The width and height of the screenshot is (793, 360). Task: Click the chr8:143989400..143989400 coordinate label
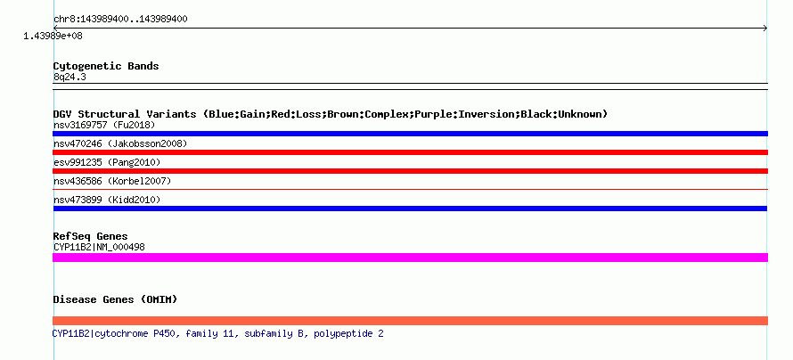[120, 20]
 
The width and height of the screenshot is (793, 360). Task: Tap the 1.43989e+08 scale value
[53, 36]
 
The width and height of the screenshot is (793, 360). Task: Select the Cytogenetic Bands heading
[106, 66]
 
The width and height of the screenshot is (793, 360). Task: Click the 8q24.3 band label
[69, 77]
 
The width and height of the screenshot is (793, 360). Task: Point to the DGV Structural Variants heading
[331, 114]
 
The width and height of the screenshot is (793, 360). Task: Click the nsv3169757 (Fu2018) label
[104, 125]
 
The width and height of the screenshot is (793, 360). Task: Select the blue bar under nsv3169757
[410, 134]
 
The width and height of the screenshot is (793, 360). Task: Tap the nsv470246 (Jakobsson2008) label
[120, 143]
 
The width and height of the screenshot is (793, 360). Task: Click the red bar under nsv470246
[410, 152]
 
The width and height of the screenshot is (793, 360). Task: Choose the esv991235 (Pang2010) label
[107, 162]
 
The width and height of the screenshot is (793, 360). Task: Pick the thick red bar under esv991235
[410, 171]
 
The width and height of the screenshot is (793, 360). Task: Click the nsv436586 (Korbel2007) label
[112, 181]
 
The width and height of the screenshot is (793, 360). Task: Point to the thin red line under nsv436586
[410, 190]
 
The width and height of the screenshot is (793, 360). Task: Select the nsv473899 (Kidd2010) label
[107, 200]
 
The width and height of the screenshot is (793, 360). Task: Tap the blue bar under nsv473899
[410, 209]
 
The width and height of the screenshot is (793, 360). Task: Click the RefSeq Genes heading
[91, 236]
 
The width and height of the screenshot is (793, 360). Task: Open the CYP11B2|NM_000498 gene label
[99, 247]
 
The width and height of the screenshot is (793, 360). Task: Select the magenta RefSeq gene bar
[410, 258]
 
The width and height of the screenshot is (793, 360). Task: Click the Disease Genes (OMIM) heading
[115, 299]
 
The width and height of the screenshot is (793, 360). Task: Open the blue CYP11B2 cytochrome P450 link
[218, 333]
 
